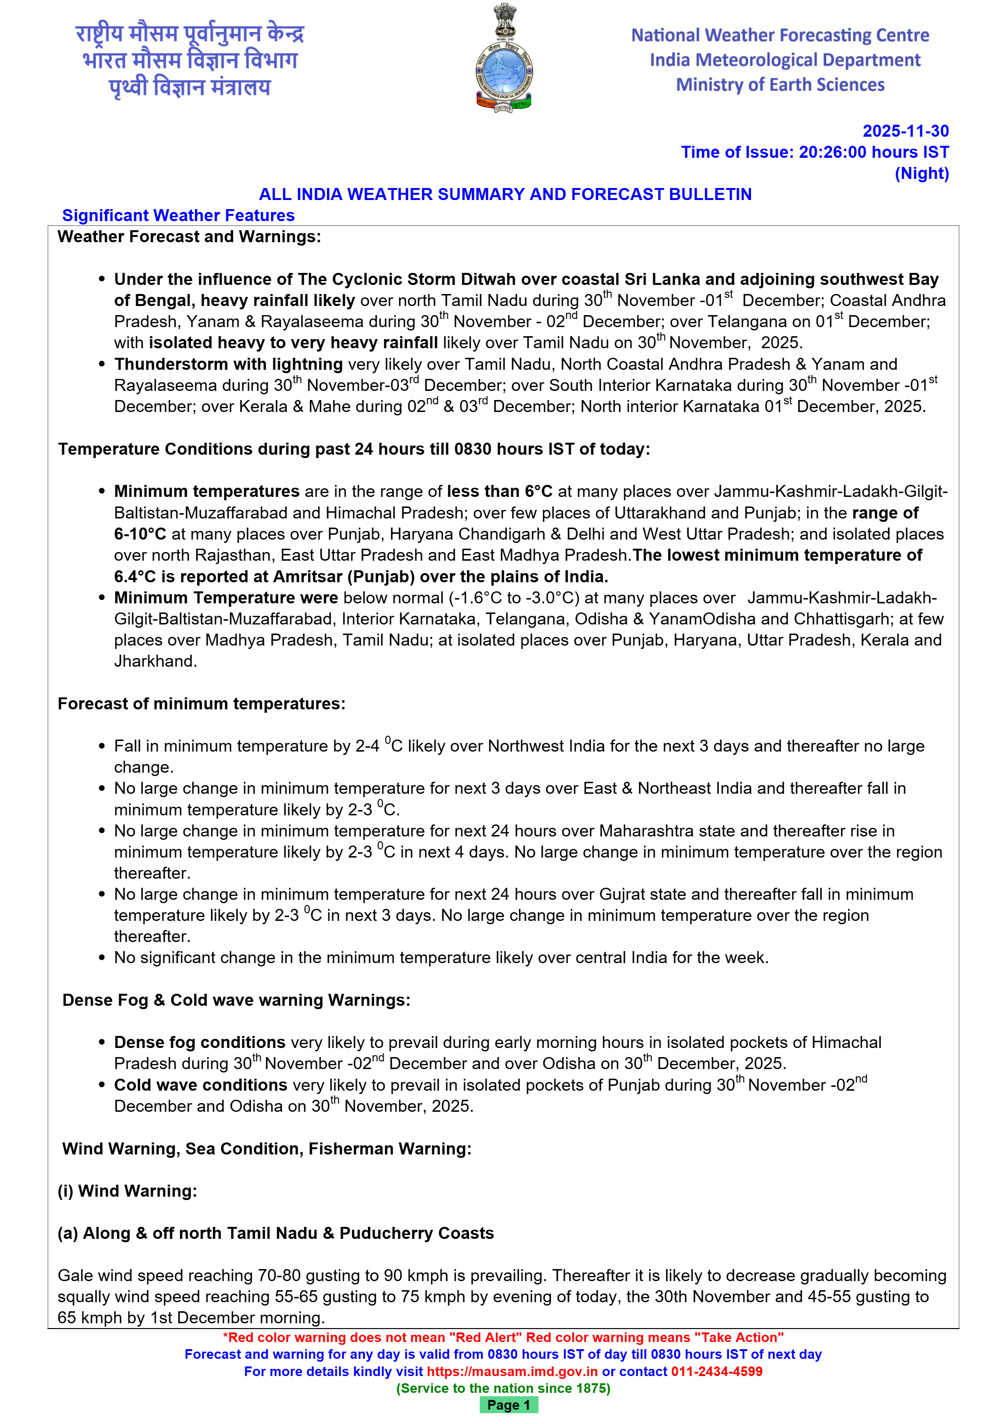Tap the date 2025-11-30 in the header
(905, 131)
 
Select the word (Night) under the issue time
(922, 173)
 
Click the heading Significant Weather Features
(178, 215)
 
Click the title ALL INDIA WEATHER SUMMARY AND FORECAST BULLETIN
(505, 194)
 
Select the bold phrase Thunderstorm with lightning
(228, 364)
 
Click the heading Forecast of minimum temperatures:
(201, 703)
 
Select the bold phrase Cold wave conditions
(200, 1085)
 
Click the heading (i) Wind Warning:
(127, 1191)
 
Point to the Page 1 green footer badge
(508, 1405)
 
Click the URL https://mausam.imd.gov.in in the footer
(512, 1371)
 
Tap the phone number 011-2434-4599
(716, 1371)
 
